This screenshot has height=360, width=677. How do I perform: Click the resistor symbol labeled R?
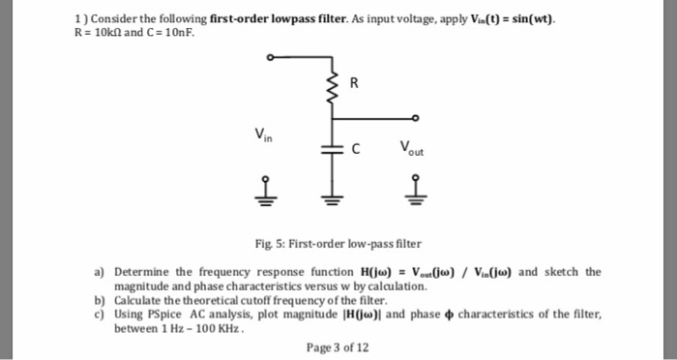tap(334, 85)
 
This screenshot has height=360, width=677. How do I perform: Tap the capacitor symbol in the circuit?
tap(334, 150)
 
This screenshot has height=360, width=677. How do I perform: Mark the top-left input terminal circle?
tap(273, 56)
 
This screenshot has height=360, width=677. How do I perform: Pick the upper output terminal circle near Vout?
tap(415, 119)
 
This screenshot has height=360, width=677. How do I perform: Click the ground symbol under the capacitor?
tap(334, 199)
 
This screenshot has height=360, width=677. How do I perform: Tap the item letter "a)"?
tap(101, 272)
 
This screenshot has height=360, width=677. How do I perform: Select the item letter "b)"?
tap(101, 300)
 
